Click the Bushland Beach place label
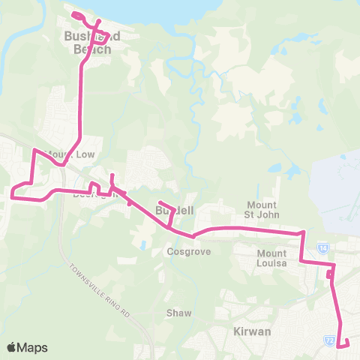88,43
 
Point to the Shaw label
179,313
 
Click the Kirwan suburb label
252,331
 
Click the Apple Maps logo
26,347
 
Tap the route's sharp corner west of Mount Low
34,150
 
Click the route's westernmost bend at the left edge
12,196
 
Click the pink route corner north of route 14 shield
302,233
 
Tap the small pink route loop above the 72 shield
330,275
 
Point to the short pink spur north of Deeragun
112,181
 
